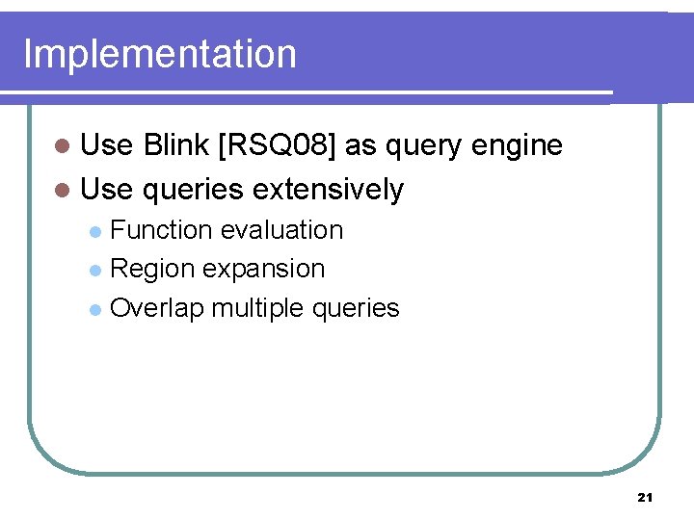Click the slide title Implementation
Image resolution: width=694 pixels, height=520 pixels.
click(x=159, y=55)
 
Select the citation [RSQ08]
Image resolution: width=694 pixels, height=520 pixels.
click(x=279, y=145)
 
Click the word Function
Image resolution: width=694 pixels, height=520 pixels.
click(x=161, y=230)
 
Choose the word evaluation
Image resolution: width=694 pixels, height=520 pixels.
click(x=281, y=230)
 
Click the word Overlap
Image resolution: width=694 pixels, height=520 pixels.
click(x=157, y=308)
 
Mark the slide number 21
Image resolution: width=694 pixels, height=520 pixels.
click(x=645, y=497)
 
